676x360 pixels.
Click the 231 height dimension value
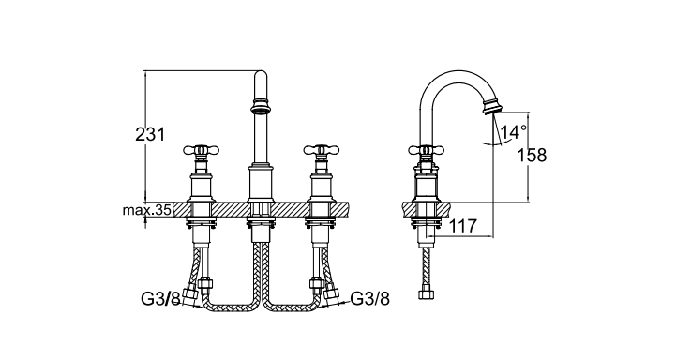point(150,134)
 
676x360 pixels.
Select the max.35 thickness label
point(147,210)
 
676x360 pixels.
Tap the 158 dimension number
point(532,156)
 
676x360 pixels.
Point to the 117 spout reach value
point(463,226)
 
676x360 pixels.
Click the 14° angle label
point(514,131)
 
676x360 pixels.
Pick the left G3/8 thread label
point(160,299)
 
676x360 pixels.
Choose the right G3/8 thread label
point(370,298)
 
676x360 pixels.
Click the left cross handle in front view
point(201,150)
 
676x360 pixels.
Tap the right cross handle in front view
point(322,150)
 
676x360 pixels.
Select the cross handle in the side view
point(426,150)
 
